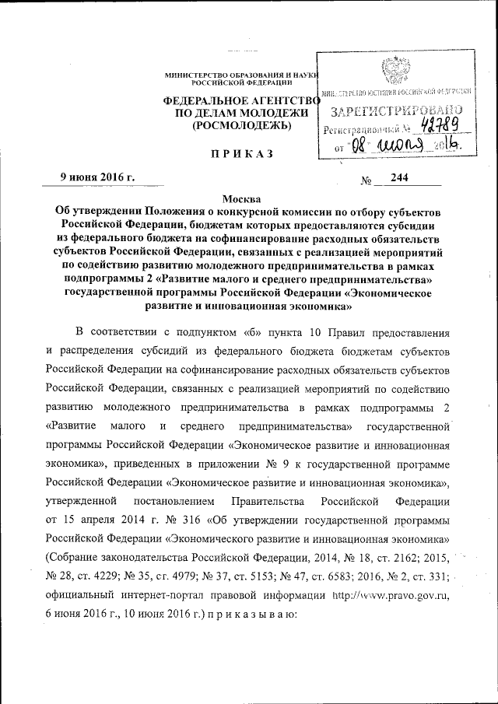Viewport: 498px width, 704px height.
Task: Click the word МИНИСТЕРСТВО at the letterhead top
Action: (193, 73)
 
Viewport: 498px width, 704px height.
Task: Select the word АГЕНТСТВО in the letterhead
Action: (284, 100)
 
